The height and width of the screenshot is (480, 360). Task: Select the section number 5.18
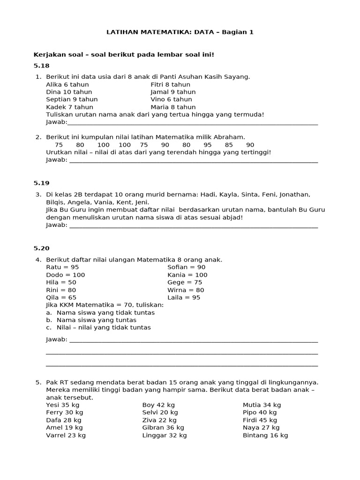(41, 66)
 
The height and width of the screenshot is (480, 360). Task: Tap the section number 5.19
(41, 183)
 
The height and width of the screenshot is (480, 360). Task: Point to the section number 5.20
(41, 248)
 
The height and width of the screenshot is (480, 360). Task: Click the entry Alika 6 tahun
(67, 84)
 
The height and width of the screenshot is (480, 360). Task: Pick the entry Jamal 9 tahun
(173, 92)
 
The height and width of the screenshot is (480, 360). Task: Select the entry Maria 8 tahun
(173, 107)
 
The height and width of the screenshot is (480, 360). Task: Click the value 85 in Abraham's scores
(229, 145)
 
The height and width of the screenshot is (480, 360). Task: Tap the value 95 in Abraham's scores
(208, 145)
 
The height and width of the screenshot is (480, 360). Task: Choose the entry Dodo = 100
(66, 275)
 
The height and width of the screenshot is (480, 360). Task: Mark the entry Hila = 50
(61, 282)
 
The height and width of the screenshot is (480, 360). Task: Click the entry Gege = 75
(185, 282)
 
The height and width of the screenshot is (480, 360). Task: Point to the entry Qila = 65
(61, 297)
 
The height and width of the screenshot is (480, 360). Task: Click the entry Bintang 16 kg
(265, 435)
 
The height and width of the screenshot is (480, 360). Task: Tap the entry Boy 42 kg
(158, 405)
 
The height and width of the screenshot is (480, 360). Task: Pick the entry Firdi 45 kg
(260, 420)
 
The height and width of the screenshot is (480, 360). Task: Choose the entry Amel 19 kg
(64, 427)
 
